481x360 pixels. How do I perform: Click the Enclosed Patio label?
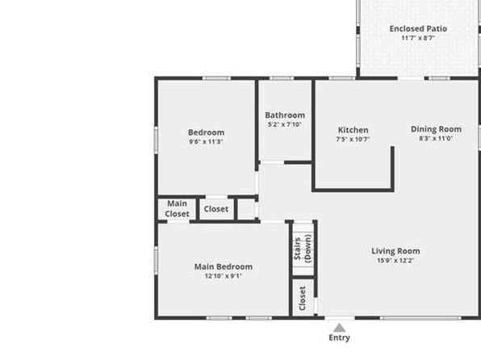click(x=418, y=28)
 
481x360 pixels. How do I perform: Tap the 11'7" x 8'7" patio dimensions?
click(x=418, y=38)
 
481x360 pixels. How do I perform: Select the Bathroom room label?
click(x=285, y=115)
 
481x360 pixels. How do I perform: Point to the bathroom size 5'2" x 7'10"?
click(x=285, y=124)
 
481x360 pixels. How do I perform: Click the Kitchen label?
click(x=353, y=130)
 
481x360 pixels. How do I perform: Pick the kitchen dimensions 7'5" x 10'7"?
click(x=353, y=140)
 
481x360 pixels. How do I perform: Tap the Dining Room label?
click(x=437, y=129)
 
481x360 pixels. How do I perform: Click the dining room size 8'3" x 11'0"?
click(x=437, y=138)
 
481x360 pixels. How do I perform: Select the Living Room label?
click(x=395, y=251)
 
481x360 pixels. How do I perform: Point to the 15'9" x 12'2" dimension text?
click(x=395, y=261)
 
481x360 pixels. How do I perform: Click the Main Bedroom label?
click(x=224, y=266)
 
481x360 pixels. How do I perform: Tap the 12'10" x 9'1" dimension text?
click(x=224, y=276)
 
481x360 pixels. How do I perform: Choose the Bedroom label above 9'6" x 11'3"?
click(x=206, y=132)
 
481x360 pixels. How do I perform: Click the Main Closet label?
click(x=177, y=209)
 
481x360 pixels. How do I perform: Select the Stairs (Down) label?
click(x=303, y=249)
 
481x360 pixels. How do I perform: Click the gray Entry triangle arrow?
click(x=339, y=328)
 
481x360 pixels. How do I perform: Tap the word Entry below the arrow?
click(x=339, y=337)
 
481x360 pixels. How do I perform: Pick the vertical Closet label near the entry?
click(x=302, y=299)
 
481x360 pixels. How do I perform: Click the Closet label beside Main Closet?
click(x=216, y=209)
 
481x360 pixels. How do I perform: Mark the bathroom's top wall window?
click(x=282, y=78)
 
